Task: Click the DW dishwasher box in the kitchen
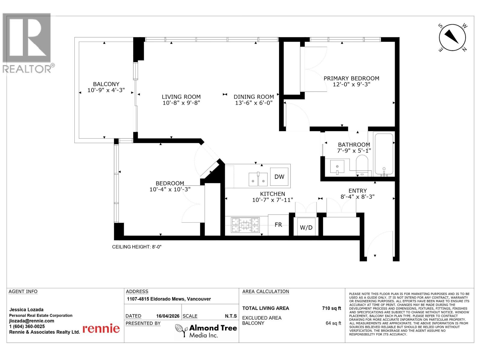(x=279, y=176)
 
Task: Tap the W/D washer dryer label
(x=306, y=227)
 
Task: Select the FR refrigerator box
(x=278, y=224)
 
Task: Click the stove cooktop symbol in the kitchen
(x=245, y=225)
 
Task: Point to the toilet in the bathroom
(x=362, y=163)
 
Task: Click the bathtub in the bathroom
(x=383, y=154)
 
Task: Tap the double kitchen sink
(x=258, y=179)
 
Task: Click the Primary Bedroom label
(x=351, y=78)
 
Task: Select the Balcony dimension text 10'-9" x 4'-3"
(x=106, y=90)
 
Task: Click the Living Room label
(x=181, y=97)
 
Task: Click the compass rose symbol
(x=452, y=38)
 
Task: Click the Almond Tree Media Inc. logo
(x=206, y=331)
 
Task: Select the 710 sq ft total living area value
(x=331, y=308)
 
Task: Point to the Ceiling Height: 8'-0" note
(x=137, y=247)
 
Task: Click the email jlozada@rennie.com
(x=31, y=321)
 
